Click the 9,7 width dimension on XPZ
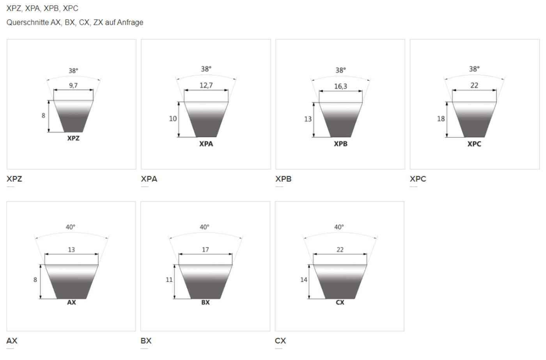coord(73,85)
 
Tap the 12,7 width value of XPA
coord(206,85)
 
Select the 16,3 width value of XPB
coord(340,86)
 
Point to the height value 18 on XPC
coord(441,119)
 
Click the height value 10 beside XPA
coord(173,119)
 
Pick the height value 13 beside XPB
coord(308,119)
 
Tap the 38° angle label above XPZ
coord(73,71)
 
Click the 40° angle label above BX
coord(204,227)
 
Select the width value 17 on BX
coord(205,250)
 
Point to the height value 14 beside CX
coord(303,280)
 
